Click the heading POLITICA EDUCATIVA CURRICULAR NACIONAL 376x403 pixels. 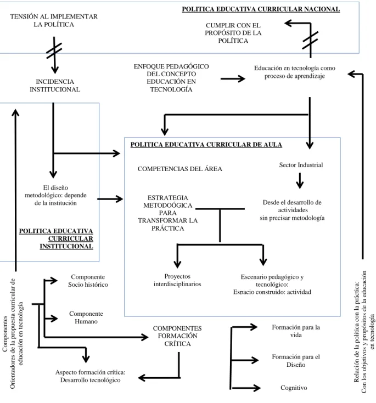(x=261, y=9)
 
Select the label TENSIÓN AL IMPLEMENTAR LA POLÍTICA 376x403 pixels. (x=54, y=20)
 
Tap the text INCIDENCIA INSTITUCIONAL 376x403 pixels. (x=55, y=86)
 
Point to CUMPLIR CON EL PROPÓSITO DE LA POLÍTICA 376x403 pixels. (x=233, y=33)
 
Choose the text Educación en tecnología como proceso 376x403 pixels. (x=295, y=72)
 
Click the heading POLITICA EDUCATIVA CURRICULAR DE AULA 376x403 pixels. (x=206, y=145)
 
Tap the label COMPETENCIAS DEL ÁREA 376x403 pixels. (x=179, y=169)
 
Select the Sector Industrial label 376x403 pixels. (x=301, y=165)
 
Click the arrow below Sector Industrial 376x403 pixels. (x=300, y=181)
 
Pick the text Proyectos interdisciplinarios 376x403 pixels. (x=177, y=280)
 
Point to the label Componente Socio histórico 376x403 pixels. (x=88, y=281)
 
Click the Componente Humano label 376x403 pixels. (x=86, y=317)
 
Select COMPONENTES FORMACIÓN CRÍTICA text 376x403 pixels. (x=177, y=336)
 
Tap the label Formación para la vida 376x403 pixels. (x=296, y=331)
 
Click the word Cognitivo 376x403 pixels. (x=294, y=388)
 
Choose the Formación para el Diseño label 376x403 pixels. (x=296, y=361)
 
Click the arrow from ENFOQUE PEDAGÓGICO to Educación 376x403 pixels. (x=233, y=78)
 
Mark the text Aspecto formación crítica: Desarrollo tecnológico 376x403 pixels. (x=91, y=376)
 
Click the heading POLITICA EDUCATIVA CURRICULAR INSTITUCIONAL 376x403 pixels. (x=56, y=239)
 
